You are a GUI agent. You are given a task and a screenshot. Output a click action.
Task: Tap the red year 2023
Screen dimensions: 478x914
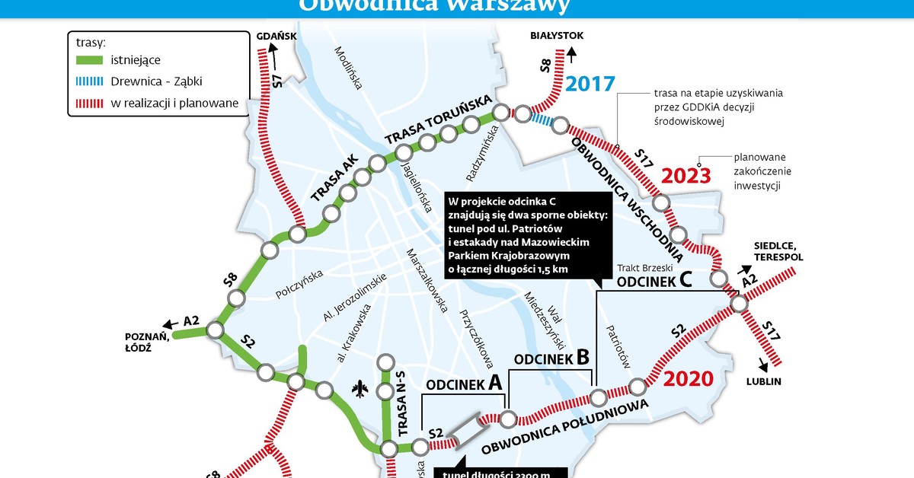[x=685, y=176]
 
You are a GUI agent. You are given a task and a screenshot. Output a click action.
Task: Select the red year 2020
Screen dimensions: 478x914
[x=688, y=379]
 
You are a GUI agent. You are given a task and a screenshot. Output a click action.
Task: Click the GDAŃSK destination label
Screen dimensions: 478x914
[x=276, y=36]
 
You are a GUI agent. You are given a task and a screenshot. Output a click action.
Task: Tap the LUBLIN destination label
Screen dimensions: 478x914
[x=764, y=382]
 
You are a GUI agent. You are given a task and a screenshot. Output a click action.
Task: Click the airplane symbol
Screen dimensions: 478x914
[x=360, y=389]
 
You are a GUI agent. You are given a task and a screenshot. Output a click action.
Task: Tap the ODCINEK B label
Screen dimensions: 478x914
[x=552, y=357]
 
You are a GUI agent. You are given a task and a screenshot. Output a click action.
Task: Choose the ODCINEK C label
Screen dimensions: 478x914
[x=654, y=281]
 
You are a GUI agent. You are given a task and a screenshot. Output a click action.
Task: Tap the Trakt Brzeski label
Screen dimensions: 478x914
[x=646, y=268]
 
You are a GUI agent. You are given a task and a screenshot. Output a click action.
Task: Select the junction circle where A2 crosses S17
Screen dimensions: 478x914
[x=739, y=304]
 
